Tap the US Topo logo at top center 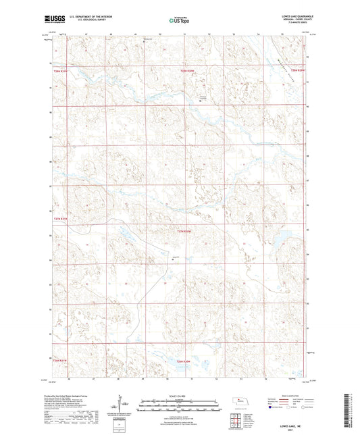tap(178, 20)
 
